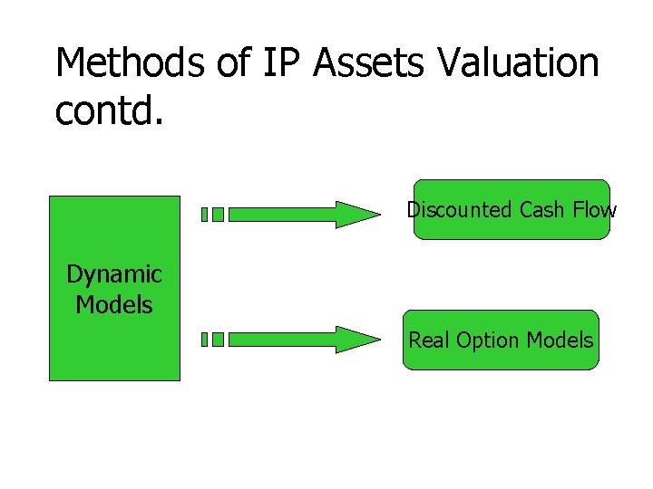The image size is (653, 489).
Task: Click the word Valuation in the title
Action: pyautogui.click(x=519, y=63)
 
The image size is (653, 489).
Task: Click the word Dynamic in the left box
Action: pyautogui.click(x=114, y=273)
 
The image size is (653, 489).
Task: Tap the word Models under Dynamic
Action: pyautogui.click(x=114, y=304)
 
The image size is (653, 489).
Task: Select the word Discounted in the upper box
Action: pyautogui.click(x=460, y=210)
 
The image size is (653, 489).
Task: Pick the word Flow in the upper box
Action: pyautogui.click(x=595, y=210)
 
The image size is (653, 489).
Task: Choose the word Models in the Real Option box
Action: pyautogui.click(x=560, y=340)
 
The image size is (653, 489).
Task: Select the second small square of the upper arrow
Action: pyautogui.click(x=218, y=215)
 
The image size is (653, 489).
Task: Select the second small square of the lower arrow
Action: pyautogui.click(x=218, y=340)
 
